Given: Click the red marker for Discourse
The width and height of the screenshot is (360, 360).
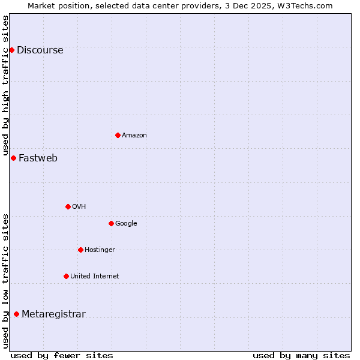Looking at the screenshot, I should tap(11, 50).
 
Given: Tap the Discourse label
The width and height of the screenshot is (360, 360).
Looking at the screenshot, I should tap(40, 50).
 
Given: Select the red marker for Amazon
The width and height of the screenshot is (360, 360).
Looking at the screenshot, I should tap(118, 135).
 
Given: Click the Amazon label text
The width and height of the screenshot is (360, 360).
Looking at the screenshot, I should tap(134, 136).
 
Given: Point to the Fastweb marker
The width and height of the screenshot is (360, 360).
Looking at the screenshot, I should tap(13, 158).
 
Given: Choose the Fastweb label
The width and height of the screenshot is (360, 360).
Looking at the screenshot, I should tap(38, 158).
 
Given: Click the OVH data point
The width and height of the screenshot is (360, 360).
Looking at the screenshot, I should tap(68, 206).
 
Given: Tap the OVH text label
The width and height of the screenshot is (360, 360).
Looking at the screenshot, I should tap(79, 207).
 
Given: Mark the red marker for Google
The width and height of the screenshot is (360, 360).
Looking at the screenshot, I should tap(111, 223).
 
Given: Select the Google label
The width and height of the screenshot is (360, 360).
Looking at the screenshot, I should tap(126, 224).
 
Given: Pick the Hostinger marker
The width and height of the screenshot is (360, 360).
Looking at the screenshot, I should tap(80, 250).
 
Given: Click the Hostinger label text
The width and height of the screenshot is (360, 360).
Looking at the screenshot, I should tap(100, 250).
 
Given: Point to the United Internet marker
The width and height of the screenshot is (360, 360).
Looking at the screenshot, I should tap(66, 276).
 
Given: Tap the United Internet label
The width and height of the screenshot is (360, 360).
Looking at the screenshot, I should tap(94, 277).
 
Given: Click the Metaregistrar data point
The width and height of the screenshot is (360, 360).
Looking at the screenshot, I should tap(16, 314).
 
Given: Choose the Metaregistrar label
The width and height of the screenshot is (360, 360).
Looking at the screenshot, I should tap(53, 314).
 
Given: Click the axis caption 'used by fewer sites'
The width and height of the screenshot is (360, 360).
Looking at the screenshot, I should tap(62, 355).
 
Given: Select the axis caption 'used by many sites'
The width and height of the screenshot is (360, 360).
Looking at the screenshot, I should tap(301, 355).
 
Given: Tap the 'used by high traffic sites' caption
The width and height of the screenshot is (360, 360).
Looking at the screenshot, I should tap(5, 85).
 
